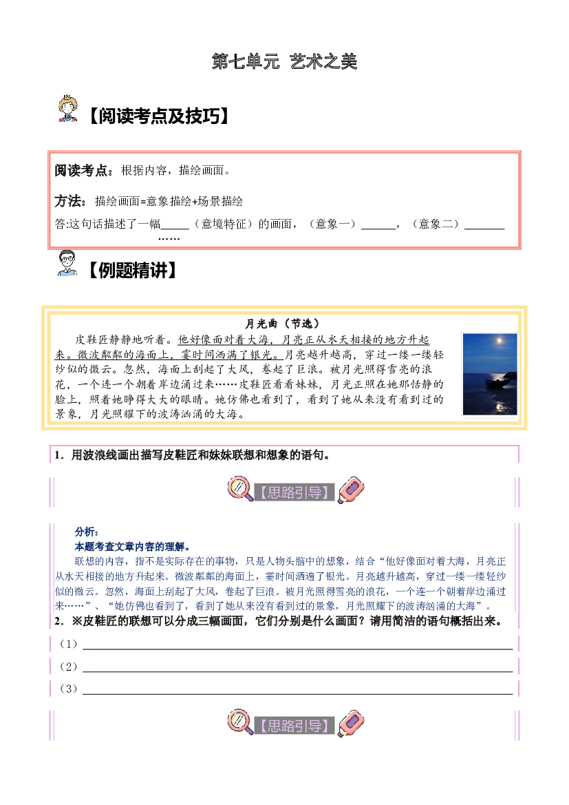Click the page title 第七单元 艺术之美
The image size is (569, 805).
284,61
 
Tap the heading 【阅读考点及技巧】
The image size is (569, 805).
158,116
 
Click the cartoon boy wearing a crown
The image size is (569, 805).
67,108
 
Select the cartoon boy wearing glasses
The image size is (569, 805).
67,263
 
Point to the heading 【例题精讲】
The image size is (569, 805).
132,270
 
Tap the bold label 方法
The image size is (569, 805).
67,201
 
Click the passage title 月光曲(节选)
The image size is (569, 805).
283,324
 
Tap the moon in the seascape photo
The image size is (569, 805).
499,340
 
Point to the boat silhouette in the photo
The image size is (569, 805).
497,383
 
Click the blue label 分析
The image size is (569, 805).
86,532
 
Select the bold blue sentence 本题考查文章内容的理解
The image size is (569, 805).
132,547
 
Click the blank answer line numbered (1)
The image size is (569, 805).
298,649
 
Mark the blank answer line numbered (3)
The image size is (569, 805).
298,693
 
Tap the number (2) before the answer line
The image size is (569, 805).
69,667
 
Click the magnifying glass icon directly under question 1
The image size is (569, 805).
240,489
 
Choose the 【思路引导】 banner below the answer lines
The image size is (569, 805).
294,725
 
